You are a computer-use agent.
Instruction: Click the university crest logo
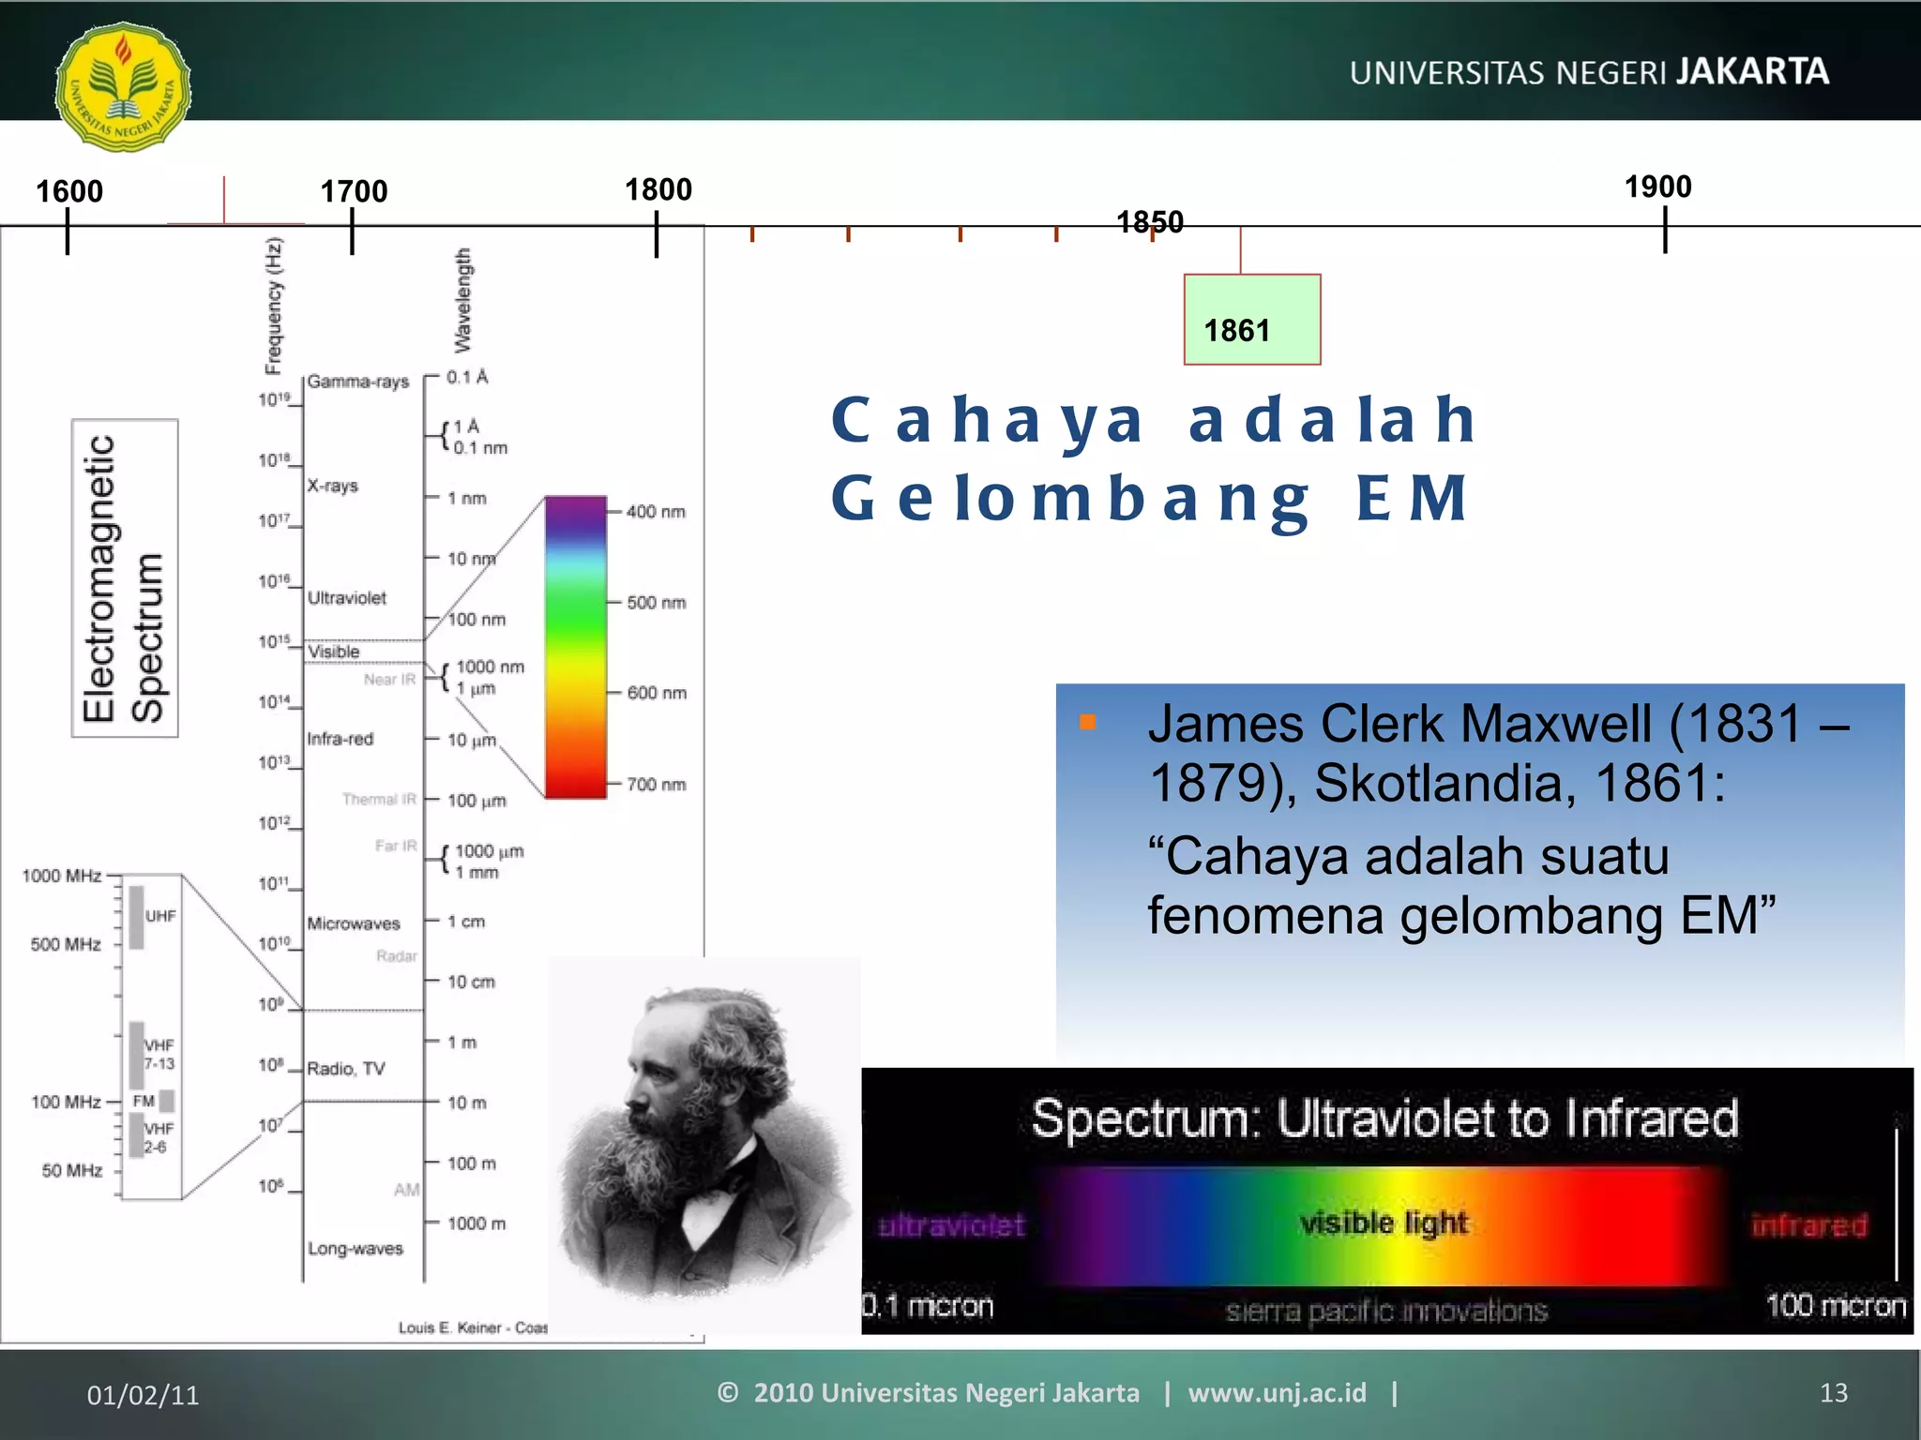pyautogui.click(x=123, y=86)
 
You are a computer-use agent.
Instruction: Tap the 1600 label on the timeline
pyautogui.click(x=68, y=191)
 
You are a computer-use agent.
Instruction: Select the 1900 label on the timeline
pyautogui.click(x=1657, y=187)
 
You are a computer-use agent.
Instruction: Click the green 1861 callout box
pyautogui.click(x=1251, y=320)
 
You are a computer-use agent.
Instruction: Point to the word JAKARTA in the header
pyautogui.click(x=1752, y=72)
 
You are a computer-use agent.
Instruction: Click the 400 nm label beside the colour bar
pyautogui.click(x=656, y=512)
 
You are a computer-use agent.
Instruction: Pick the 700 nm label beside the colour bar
pyautogui.click(x=656, y=785)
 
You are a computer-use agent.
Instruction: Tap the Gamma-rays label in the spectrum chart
pyautogui.click(x=358, y=382)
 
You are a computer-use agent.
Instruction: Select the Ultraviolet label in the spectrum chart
pyautogui.click(x=347, y=598)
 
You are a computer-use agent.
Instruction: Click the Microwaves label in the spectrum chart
pyautogui.click(x=354, y=923)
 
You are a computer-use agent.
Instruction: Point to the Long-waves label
pyautogui.click(x=355, y=1249)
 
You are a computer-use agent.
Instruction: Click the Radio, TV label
pyautogui.click(x=346, y=1069)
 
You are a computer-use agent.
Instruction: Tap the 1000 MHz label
pyautogui.click(x=62, y=876)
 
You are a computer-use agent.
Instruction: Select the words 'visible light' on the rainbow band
pyautogui.click(x=1384, y=1222)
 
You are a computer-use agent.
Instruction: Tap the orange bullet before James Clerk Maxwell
pyautogui.click(x=1088, y=722)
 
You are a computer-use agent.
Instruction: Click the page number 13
pyautogui.click(x=1833, y=1393)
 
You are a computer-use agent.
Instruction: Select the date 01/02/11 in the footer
pyautogui.click(x=143, y=1395)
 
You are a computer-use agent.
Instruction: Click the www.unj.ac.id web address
pyautogui.click(x=1277, y=1393)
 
